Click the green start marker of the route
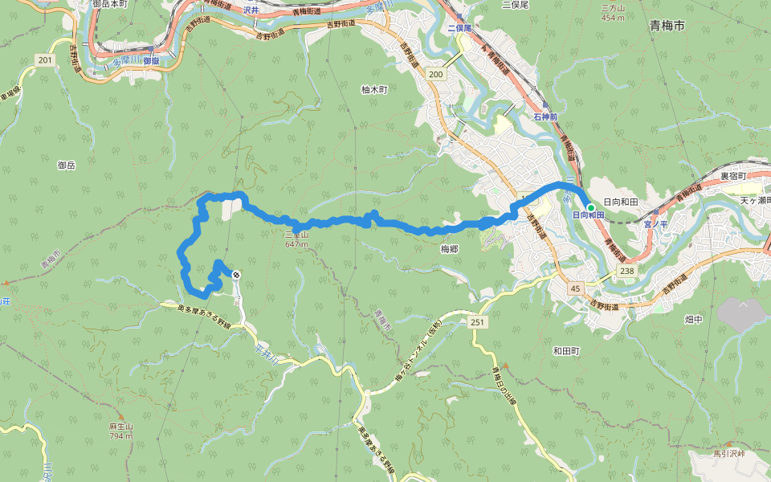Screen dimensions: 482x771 (590, 207)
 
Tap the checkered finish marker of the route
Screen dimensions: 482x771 (236, 275)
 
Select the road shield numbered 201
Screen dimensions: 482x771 (44, 60)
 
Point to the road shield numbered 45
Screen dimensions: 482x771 (574, 288)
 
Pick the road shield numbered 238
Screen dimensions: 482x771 (627, 273)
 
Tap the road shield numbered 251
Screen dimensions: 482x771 (477, 321)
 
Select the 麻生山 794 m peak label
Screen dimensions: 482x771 (121, 431)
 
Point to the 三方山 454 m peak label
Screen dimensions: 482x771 (613, 12)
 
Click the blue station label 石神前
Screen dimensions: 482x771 (545, 117)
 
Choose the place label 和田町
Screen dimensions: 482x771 (565, 350)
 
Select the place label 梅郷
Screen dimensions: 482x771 (449, 249)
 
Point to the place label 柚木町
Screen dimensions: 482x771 (374, 90)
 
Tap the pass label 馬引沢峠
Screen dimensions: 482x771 (729, 454)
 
